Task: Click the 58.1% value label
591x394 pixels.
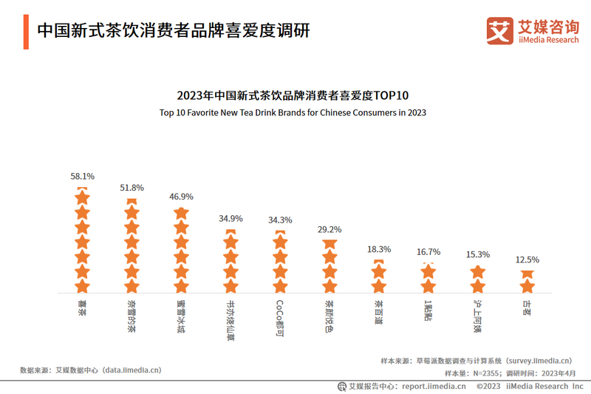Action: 82,177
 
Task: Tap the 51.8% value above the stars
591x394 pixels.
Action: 131,188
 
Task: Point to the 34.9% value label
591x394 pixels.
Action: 230,219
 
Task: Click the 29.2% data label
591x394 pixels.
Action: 329,229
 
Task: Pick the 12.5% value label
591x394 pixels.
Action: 527,259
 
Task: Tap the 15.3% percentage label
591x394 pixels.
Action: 478,254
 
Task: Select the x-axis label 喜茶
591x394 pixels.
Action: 82,305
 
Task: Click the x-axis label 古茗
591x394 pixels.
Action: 527,305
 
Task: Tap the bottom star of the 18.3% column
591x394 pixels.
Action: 379,286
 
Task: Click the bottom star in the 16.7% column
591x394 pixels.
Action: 428,286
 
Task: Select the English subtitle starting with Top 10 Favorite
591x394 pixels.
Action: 293,113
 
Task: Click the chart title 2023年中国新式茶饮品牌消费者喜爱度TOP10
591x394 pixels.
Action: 293,96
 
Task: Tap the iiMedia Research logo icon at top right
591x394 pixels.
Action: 499,30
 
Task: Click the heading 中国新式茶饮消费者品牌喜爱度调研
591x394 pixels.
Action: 173,30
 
